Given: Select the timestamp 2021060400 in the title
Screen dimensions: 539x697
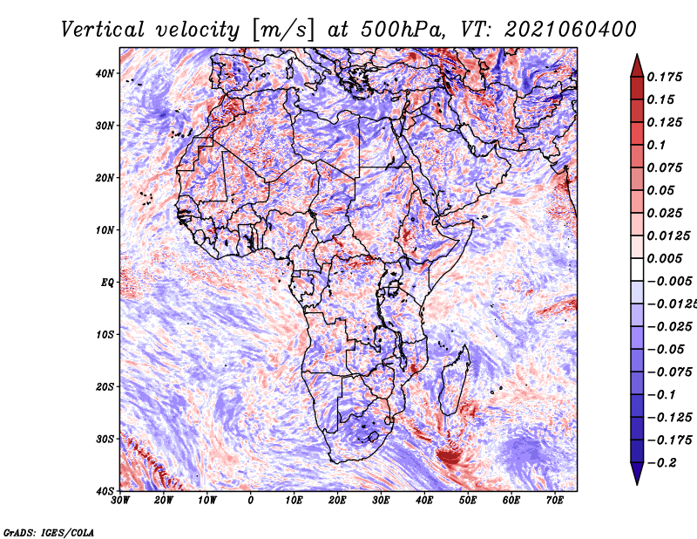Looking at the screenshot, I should point(565,29).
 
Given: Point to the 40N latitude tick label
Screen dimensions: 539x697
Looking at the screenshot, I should point(105,73).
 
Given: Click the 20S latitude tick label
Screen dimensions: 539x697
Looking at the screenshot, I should point(105,386).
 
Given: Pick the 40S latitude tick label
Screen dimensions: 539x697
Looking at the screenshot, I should point(105,490).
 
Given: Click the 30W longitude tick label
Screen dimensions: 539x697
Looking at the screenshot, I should point(120,501).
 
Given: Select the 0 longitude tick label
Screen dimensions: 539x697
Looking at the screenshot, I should point(251,501).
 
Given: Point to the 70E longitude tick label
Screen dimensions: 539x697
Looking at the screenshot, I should point(555,501).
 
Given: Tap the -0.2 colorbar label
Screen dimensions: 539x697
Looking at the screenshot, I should point(660,462).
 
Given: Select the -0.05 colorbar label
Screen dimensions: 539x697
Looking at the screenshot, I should point(663,349).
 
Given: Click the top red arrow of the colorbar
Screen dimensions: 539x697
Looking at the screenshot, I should point(637,64).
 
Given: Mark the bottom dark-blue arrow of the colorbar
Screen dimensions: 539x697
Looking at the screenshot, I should point(637,474).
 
